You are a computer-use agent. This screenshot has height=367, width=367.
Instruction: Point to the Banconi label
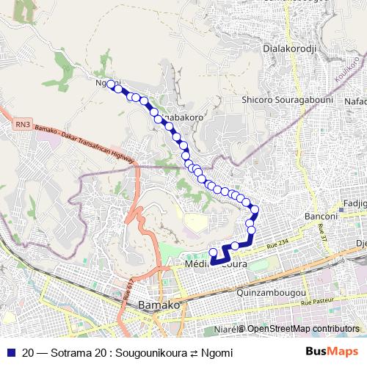(320, 217)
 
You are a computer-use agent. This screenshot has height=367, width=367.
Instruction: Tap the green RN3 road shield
(23, 126)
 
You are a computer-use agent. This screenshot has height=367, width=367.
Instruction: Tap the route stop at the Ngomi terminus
(110, 84)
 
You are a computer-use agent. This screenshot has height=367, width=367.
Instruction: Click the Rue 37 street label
(321, 234)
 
